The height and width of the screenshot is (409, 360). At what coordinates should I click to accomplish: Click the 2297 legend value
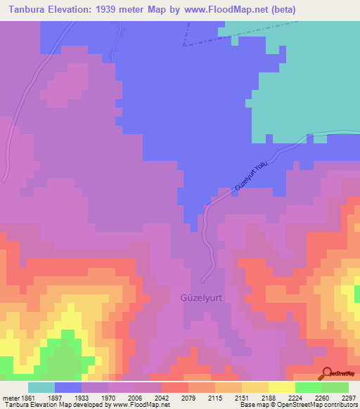click(349, 398)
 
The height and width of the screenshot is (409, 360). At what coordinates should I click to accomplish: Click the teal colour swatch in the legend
click(41, 387)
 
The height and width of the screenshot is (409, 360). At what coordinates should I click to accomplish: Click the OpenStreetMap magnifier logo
click(326, 373)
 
